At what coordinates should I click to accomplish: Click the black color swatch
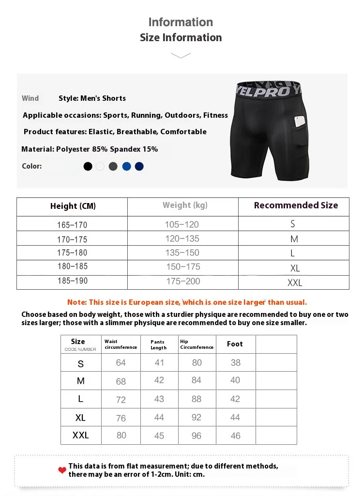88,166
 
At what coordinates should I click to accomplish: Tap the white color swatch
100,166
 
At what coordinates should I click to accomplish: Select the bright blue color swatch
126,166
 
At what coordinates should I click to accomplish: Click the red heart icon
62,470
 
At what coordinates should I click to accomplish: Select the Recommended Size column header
296,205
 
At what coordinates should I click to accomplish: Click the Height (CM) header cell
73,206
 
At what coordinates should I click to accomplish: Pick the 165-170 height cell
72,225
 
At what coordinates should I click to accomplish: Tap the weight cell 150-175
183,267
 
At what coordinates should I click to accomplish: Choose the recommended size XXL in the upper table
294,282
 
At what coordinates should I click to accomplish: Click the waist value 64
121,362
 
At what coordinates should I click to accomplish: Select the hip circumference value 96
197,436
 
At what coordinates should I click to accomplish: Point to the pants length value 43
159,399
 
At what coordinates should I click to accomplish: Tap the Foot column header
235,344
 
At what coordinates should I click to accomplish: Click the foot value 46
235,436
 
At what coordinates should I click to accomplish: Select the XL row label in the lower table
80,417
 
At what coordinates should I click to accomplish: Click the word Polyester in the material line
74,149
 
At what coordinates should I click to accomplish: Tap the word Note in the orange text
76,302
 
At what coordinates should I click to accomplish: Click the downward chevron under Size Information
181,56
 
